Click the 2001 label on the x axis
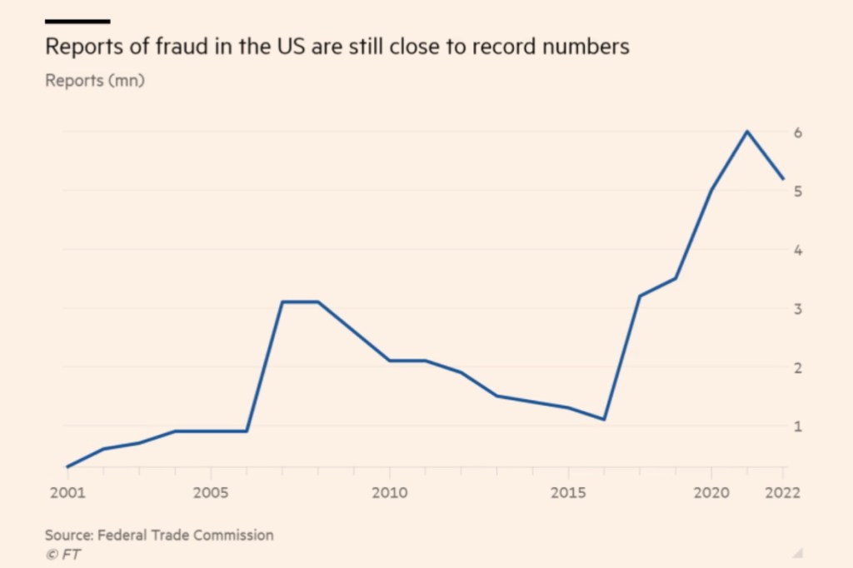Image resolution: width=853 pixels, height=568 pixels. [x=67, y=492]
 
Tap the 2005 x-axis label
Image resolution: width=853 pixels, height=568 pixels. [x=210, y=492]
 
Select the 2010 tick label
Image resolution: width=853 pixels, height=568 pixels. [x=389, y=492]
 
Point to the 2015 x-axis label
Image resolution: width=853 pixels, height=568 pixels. [x=568, y=492]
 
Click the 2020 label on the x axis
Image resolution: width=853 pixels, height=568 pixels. [x=711, y=492]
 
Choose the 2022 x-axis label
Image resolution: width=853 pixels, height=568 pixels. [x=783, y=492]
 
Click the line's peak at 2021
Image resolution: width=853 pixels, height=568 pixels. [x=747, y=132]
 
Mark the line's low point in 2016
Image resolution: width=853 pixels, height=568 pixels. [x=604, y=419]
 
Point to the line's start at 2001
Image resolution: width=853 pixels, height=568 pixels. [x=67, y=466]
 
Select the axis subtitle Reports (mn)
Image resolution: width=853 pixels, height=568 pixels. [x=95, y=81]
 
